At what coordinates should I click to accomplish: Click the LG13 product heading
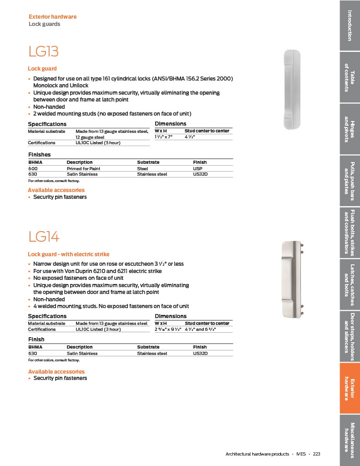coord(44,51)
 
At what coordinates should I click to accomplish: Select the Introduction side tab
coord(349,25)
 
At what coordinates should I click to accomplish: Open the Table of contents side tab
coord(349,77)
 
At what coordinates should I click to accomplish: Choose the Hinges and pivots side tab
coord(349,129)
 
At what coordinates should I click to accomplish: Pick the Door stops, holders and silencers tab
coord(349,337)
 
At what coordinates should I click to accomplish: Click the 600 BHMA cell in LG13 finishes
coord(33,168)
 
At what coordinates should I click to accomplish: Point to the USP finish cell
coord(198,168)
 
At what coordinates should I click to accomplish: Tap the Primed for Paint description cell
coord(83,168)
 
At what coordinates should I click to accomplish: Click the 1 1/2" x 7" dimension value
coord(164,137)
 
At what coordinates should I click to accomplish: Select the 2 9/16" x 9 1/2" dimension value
coord(168,329)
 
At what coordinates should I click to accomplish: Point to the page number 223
coord(316,454)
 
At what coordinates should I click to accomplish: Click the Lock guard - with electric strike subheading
coord(69,254)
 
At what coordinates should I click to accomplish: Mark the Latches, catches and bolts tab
coord(349,285)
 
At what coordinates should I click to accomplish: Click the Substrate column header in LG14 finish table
coord(148,347)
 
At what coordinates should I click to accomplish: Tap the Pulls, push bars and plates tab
coord(349,181)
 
